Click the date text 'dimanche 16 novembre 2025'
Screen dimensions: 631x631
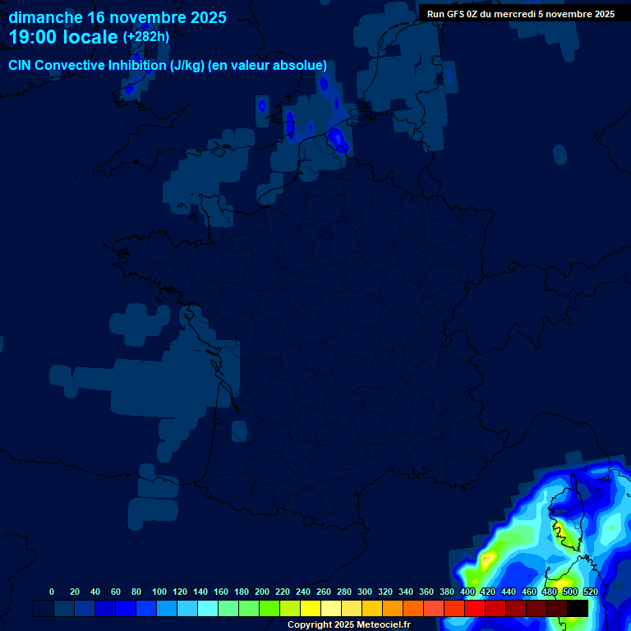pos(117,17)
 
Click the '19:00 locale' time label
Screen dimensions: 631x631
pos(63,37)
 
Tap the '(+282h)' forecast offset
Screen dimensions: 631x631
pos(146,37)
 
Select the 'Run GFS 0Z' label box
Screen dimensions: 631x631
pos(520,13)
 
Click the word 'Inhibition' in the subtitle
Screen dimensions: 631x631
pos(136,66)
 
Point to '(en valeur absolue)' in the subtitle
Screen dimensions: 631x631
pos(269,66)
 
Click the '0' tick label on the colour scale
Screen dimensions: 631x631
pos(52,592)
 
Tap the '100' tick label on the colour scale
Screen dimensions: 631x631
pos(159,592)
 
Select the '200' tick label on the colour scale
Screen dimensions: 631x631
pos(262,592)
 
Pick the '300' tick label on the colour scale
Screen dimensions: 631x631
pos(365,592)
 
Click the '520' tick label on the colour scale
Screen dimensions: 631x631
pos(590,592)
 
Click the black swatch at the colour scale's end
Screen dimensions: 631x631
pos(578,608)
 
